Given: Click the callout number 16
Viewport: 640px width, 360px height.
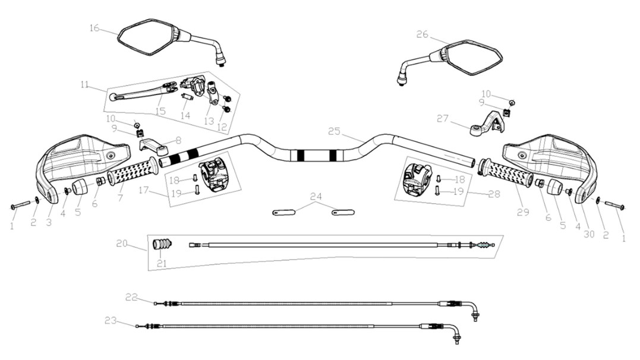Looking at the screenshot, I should pyautogui.click(x=94, y=28).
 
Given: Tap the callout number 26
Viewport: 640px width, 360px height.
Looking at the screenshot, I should pyautogui.click(x=422, y=34).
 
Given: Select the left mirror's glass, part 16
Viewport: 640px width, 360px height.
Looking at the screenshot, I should pyautogui.click(x=146, y=37).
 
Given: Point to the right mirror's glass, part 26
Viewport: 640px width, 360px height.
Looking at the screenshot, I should pyautogui.click(x=474, y=58).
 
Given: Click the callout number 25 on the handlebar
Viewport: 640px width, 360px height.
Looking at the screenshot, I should pyautogui.click(x=334, y=131).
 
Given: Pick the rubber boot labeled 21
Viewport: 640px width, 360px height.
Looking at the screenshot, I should pyautogui.click(x=161, y=244).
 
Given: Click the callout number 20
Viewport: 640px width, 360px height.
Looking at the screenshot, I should pyautogui.click(x=122, y=244).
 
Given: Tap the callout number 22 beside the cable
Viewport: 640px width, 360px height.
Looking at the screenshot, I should pyautogui.click(x=131, y=296).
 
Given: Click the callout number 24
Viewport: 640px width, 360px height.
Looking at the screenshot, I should pyautogui.click(x=316, y=197).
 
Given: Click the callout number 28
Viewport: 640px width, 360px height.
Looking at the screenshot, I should pyautogui.click(x=494, y=194).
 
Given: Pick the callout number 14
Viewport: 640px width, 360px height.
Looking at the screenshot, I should pyautogui.click(x=185, y=115).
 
